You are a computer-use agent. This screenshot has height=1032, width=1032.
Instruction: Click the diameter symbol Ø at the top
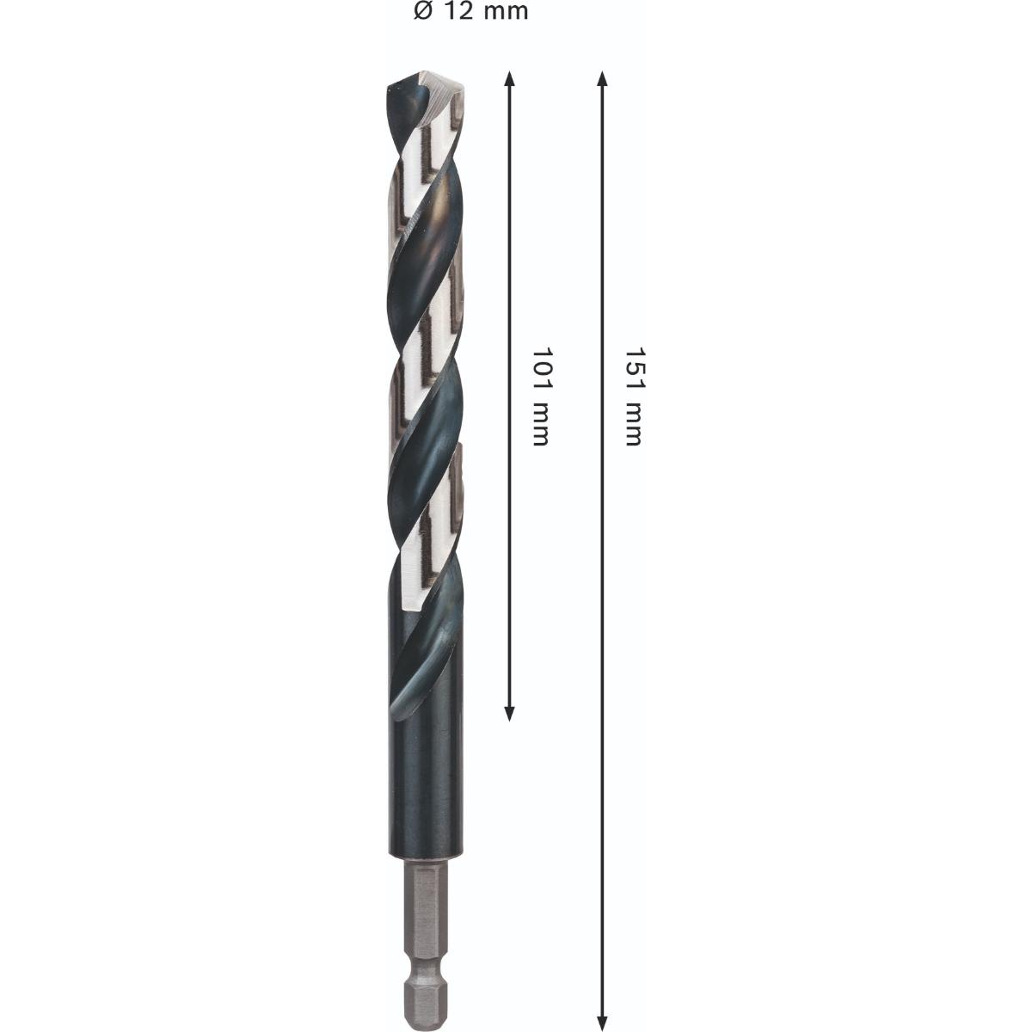(421, 11)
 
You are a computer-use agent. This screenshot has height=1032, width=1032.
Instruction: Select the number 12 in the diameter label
(458, 11)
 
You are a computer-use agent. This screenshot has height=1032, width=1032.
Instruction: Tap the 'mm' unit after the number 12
(506, 11)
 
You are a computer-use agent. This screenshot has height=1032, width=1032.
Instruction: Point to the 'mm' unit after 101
(539, 425)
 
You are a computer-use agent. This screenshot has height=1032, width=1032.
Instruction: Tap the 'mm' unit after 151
(634, 425)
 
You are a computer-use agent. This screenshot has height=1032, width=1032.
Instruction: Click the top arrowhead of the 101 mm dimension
(510, 80)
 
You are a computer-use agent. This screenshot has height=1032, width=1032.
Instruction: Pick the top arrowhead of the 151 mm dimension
(603, 80)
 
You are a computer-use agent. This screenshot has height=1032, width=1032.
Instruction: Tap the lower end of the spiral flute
(404, 705)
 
